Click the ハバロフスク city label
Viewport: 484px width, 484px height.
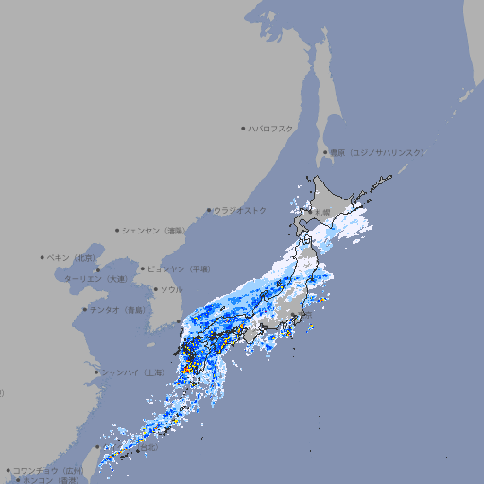click(x=270, y=128)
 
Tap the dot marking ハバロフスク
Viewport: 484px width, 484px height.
click(x=243, y=128)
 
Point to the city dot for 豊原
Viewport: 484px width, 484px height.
click(x=325, y=152)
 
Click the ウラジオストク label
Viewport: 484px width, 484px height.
click(x=240, y=210)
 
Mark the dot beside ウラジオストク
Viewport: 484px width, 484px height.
click(x=209, y=210)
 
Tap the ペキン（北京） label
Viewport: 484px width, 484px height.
click(x=73, y=257)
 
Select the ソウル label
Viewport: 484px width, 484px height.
click(x=171, y=289)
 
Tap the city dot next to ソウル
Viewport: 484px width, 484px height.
click(x=155, y=289)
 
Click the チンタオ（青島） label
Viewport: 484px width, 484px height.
click(x=118, y=309)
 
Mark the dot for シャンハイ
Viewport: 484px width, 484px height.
click(x=96, y=372)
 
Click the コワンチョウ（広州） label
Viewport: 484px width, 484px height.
click(x=48, y=470)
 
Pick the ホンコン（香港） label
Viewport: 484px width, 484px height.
click(x=51, y=480)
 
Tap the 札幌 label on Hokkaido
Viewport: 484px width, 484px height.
click(x=323, y=213)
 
